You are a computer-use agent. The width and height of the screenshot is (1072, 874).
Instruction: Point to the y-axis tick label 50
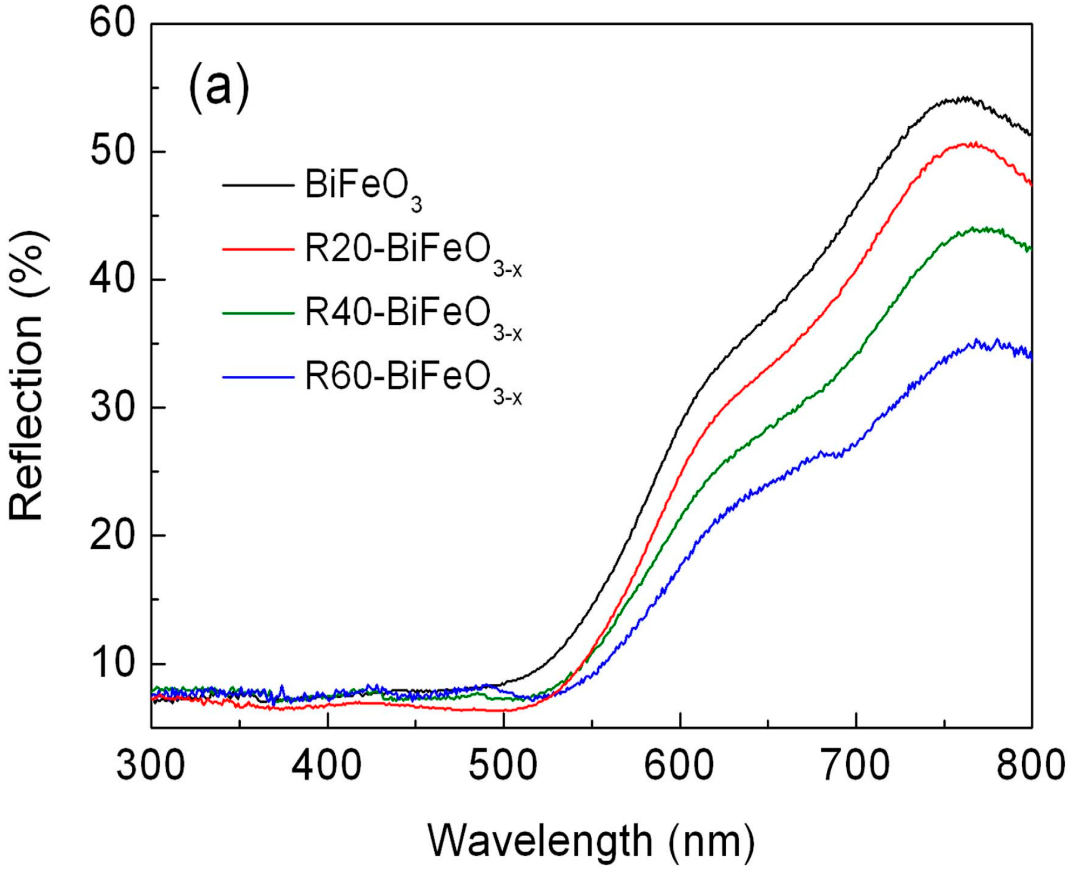[112, 151]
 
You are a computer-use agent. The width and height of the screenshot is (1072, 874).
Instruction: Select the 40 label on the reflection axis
[112, 279]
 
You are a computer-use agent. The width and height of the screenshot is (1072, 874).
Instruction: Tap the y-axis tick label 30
[112, 408]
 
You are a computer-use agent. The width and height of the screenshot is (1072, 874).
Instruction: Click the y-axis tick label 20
[112, 535]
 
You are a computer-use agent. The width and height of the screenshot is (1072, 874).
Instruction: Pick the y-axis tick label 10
[112, 663]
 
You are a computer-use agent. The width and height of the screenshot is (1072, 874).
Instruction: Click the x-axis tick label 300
[151, 766]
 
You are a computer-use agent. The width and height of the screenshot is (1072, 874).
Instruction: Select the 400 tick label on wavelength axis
[327, 766]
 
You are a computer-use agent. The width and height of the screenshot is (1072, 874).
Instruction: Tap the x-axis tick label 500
[503, 766]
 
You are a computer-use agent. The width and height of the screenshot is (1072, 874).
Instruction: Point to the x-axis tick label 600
[679, 766]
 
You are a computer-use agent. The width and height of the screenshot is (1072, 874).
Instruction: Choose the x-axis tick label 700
[856, 766]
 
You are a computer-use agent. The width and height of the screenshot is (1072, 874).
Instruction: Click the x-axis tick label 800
[1030, 766]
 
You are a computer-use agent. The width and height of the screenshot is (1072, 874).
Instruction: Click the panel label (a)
[219, 88]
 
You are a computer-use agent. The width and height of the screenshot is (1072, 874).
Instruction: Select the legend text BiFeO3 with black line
[363, 188]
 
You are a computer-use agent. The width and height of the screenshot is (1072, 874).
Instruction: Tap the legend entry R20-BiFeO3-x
[413, 252]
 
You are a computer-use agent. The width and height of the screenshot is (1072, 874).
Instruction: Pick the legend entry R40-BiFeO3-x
[413, 315]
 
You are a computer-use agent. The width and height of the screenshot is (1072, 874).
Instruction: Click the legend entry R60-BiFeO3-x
[413, 379]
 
